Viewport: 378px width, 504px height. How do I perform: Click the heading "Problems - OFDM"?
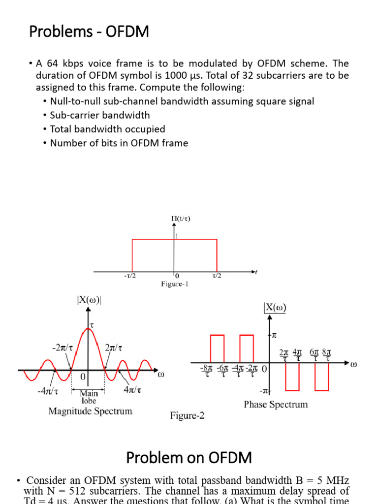pyautogui.click(x=89, y=32)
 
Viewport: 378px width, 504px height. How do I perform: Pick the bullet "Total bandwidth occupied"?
pyautogui.click(x=107, y=129)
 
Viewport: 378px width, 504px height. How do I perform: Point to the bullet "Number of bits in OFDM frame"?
pyautogui.click(x=119, y=143)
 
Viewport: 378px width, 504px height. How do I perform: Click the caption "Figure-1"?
pyautogui.click(x=174, y=284)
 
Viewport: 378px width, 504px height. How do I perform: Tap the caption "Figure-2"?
pyautogui.click(x=188, y=416)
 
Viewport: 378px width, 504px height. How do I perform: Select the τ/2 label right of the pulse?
pyautogui.click(x=217, y=276)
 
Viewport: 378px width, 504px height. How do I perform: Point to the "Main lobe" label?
pyautogui.click(x=89, y=397)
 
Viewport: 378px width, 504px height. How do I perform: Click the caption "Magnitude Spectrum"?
pyautogui.click(x=90, y=411)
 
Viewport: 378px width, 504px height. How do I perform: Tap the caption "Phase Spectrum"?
pyautogui.click(x=276, y=405)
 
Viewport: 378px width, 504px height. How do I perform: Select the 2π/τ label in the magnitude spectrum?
pyautogui.click(x=114, y=347)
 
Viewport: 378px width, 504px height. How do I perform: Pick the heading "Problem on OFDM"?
pyautogui.click(x=189, y=458)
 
